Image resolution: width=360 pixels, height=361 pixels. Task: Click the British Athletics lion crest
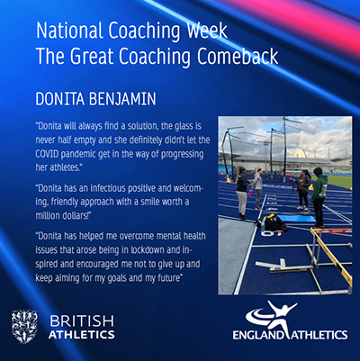(24, 327)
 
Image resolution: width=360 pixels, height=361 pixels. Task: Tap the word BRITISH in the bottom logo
(82, 321)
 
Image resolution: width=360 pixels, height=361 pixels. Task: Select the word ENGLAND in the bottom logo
(257, 335)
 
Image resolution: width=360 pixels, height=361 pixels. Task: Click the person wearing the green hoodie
(319, 196)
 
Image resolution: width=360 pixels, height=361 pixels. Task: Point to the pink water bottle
(249, 193)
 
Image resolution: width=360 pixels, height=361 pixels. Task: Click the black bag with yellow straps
(273, 222)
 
